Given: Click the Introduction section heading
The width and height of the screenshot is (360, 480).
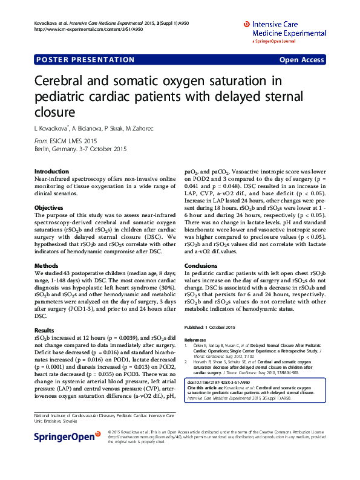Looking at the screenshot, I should tap(51, 172).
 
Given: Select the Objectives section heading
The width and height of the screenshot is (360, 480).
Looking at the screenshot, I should tap(49, 207).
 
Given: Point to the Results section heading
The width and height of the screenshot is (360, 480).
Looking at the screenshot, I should tap(45, 330).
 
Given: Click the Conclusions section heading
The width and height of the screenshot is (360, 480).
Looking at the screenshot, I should tap(200, 265).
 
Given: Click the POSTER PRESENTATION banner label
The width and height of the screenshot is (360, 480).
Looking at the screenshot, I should tap(86, 60).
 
